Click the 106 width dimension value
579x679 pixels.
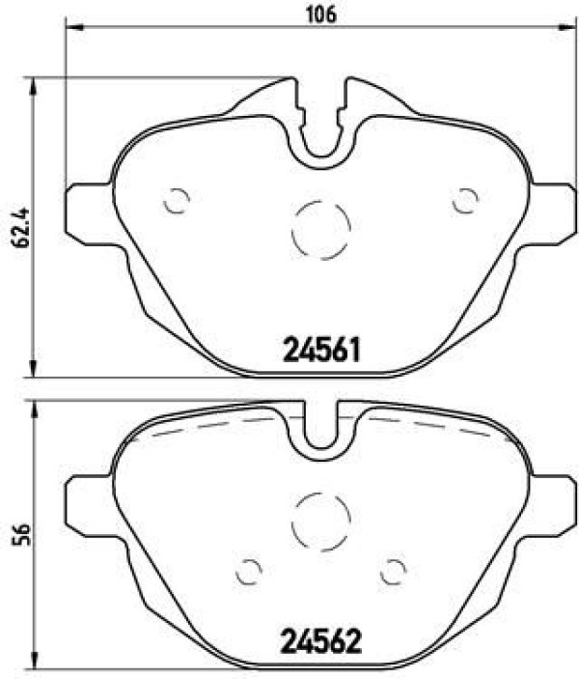tap(321, 14)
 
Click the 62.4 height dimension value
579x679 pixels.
tap(21, 227)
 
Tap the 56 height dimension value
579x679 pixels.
tap(21, 534)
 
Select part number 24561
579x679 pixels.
tap(321, 350)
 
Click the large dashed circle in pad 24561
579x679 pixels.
tap(320, 230)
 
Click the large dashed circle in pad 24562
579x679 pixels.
tap(320, 522)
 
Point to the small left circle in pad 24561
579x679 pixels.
tap(177, 201)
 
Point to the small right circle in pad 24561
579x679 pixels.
tap(465, 201)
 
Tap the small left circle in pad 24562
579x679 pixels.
tap(249, 571)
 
